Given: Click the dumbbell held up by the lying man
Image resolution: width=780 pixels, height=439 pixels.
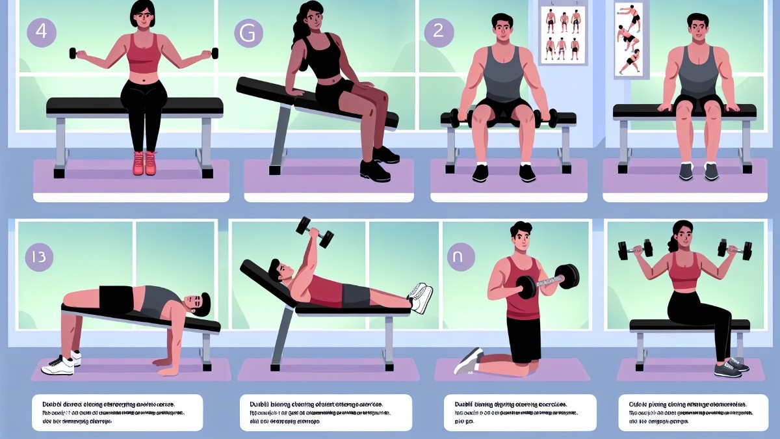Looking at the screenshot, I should [315, 230].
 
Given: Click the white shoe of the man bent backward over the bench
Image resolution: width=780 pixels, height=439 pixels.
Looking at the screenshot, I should [60, 365].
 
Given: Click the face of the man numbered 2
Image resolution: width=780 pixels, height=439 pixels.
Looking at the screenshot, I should [502, 31].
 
